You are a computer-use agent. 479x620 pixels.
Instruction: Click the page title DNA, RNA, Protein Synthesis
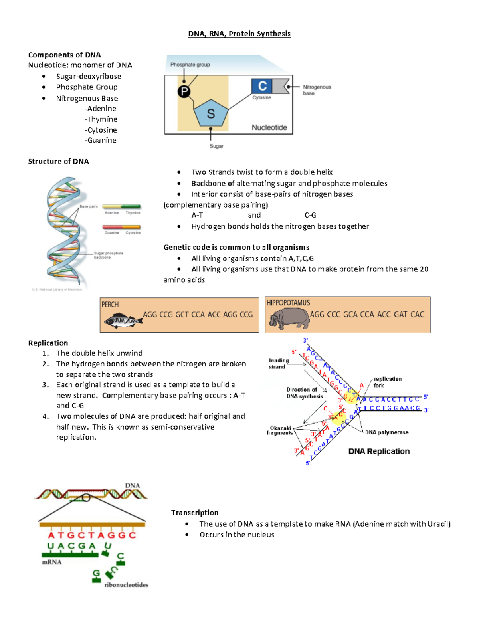(x=239, y=34)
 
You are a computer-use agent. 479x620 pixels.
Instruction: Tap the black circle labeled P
(x=184, y=92)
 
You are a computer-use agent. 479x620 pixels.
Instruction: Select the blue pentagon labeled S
(x=211, y=113)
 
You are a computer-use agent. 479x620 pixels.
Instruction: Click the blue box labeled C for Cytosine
(x=262, y=86)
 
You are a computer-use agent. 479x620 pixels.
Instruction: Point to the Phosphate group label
(x=190, y=65)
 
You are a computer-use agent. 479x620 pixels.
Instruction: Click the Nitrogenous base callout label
(x=317, y=90)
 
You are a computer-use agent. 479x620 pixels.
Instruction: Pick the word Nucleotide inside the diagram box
(x=269, y=127)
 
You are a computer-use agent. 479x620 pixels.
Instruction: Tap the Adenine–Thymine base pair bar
(x=121, y=207)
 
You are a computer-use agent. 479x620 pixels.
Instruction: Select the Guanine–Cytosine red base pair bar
(x=121, y=227)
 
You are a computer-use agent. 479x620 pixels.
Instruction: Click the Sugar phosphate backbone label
(x=108, y=255)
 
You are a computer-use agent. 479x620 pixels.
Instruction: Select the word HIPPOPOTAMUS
(x=288, y=303)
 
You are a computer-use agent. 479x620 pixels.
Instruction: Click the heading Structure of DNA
(x=59, y=162)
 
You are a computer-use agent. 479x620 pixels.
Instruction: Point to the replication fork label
(x=387, y=382)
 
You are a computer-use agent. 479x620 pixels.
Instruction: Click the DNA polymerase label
(x=386, y=432)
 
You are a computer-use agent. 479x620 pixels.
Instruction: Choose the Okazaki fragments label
(x=280, y=430)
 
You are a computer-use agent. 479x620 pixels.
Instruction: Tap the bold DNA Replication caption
(x=379, y=451)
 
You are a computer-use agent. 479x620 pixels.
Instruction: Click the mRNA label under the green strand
(x=52, y=562)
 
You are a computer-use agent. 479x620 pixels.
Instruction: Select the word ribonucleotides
(x=126, y=585)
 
